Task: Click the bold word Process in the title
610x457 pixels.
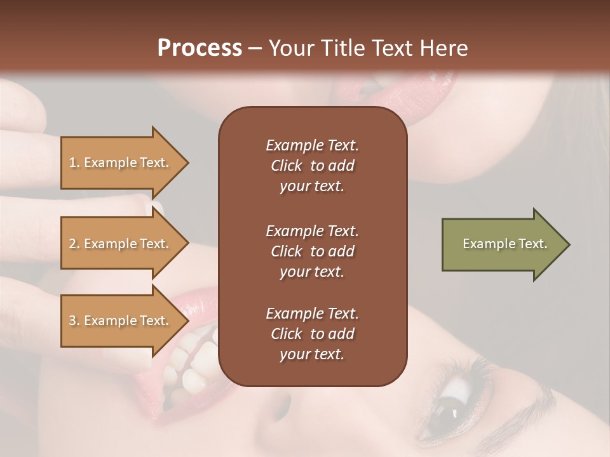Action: pos(200,48)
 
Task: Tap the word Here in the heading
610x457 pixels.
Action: pos(444,48)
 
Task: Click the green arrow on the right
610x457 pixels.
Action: pos(502,244)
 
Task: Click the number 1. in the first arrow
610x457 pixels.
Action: pos(74,163)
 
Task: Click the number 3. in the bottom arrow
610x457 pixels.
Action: pos(74,321)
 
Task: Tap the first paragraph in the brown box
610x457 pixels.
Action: pos(312,166)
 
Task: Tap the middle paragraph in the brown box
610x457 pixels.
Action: pos(312,251)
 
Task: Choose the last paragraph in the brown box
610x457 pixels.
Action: pos(312,334)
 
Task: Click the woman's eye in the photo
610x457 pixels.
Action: pos(454,406)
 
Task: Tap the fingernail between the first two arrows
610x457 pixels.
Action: pos(155,207)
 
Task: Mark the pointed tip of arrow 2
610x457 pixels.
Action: pos(187,244)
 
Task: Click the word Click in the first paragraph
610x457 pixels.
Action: pos(287,166)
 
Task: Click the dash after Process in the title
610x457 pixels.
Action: pos(255,49)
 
